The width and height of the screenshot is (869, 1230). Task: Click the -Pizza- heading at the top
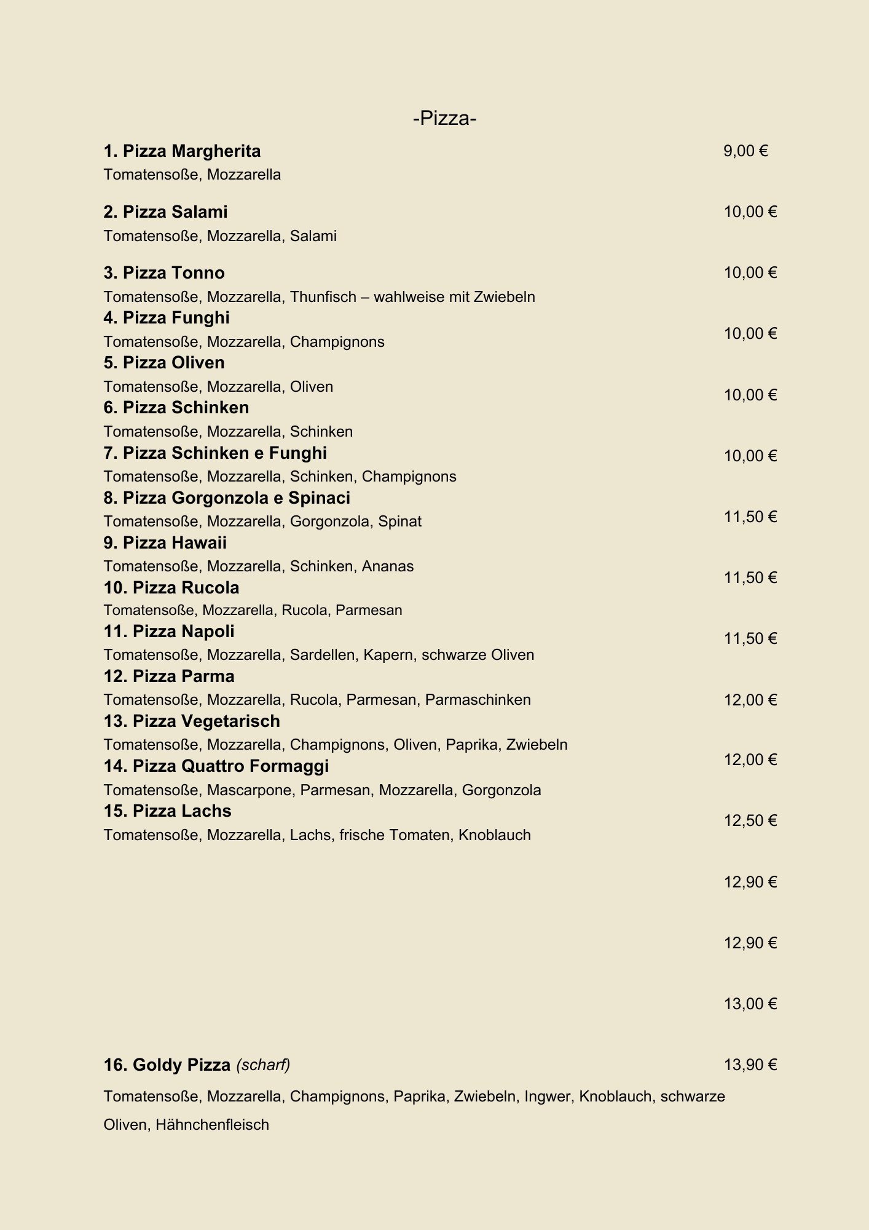[445, 118]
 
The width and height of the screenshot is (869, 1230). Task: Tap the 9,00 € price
[745, 151]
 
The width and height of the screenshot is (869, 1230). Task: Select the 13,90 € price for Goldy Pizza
[750, 1065]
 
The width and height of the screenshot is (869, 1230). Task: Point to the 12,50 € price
[750, 821]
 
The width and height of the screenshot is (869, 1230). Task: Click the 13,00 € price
[750, 1004]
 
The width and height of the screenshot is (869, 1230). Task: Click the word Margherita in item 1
[216, 151]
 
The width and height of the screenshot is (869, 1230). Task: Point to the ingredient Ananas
[387, 566]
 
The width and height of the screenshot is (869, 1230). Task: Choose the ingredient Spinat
[399, 522]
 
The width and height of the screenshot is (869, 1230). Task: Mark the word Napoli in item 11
[208, 632]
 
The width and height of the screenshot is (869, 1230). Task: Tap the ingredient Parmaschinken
[478, 700]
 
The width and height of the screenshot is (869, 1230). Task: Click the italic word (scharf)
[263, 1065]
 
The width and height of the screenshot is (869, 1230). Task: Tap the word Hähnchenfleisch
[212, 1125]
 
